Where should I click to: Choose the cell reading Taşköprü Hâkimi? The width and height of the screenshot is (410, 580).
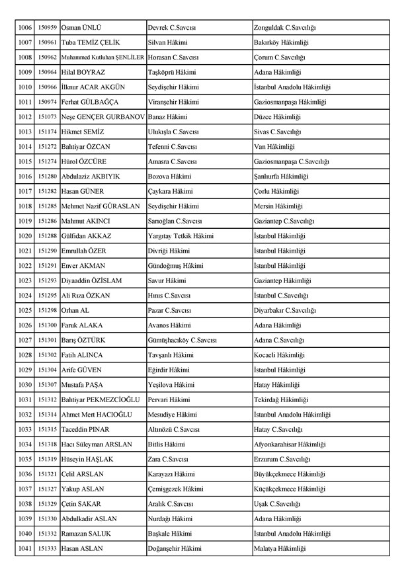point(171,71)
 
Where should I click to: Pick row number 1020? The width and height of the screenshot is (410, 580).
point(24,235)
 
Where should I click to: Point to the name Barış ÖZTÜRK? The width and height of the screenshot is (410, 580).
point(83,339)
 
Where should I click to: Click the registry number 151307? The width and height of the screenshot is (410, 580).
point(47,384)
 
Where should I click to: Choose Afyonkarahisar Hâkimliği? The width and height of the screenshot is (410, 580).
point(290,444)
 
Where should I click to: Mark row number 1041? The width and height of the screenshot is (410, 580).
point(24,548)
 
